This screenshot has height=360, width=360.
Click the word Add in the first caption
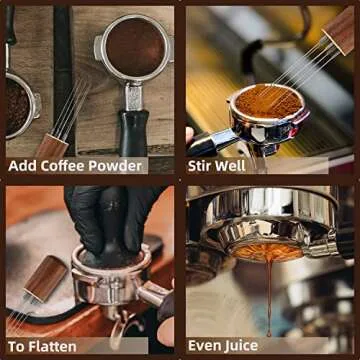pyautogui.click(x=23, y=166)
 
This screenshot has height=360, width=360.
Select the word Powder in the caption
pyautogui.click(x=118, y=166)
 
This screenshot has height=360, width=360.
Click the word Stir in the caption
pyautogui.click(x=203, y=166)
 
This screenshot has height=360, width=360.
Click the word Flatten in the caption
pyautogui.click(x=50, y=346)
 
